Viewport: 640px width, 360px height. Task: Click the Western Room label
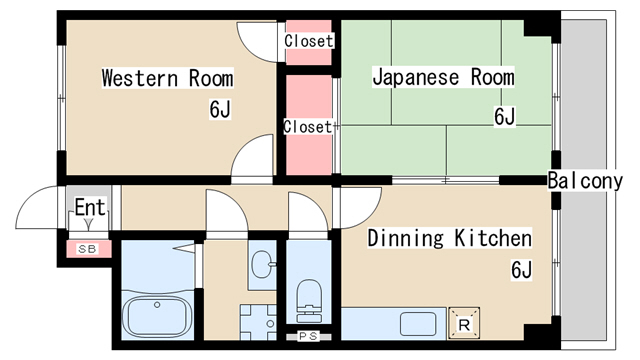point(167,78)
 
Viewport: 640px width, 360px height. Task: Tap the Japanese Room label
point(443,77)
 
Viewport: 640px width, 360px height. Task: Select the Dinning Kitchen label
point(450,238)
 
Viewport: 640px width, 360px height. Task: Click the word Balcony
point(585,180)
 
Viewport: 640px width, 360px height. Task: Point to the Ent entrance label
point(90,207)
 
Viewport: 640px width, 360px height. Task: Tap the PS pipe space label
point(308,336)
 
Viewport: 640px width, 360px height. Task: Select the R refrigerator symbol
point(464,324)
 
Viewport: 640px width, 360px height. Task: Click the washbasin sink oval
point(261,264)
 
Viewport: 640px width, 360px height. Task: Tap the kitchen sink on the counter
point(418,324)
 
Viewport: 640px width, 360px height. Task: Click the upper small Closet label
point(309,41)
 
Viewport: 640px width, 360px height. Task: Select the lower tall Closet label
point(308,127)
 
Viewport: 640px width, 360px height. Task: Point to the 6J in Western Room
point(220,109)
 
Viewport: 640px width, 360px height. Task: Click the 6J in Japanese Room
point(504,116)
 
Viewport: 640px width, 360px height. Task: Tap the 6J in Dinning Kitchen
point(521,269)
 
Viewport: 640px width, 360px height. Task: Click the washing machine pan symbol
point(258,322)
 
